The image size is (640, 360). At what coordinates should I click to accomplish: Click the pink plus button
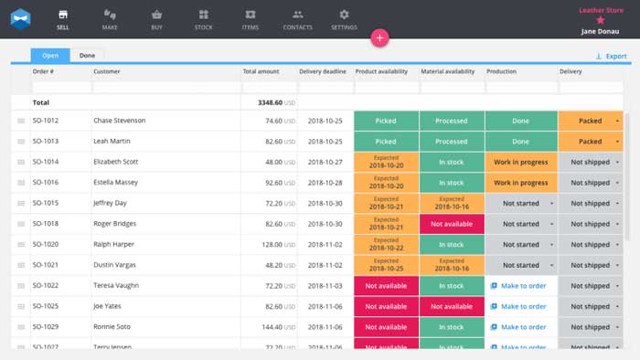pos(380,37)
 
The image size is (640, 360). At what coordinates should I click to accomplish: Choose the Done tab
pos(87,56)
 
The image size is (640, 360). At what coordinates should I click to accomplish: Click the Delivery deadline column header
pos(325,71)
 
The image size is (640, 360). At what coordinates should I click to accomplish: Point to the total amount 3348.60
pos(266,102)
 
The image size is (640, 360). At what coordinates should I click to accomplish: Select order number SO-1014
pos(46,162)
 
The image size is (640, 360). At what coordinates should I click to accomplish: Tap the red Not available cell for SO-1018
pos(452,224)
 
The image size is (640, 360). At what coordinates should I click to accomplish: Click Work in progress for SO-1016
pos(520,183)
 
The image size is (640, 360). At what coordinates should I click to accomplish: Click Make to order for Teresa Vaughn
pos(520,286)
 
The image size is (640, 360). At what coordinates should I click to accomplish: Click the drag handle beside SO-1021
pos(21,265)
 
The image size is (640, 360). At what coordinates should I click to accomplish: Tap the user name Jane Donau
pos(601,30)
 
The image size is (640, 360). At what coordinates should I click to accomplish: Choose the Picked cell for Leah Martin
pos(386,142)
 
